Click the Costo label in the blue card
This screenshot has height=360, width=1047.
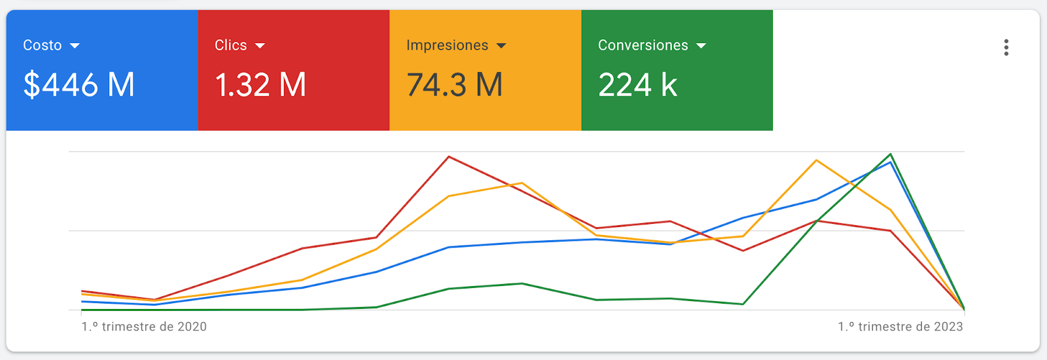(x=43, y=45)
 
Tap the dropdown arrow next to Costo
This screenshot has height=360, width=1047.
(x=75, y=46)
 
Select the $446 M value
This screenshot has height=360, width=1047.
(x=79, y=84)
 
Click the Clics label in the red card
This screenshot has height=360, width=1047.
(x=231, y=45)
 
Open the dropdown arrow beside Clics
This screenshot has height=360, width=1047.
(x=260, y=46)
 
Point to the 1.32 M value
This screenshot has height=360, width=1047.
(x=260, y=84)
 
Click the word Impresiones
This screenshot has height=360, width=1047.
(x=448, y=45)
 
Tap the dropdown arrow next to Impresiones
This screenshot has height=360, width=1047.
(x=501, y=46)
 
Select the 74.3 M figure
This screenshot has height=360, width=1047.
(x=455, y=84)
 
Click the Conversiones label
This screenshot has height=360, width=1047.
(x=643, y=45)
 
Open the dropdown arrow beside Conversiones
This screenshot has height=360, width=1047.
(x=701, y=46)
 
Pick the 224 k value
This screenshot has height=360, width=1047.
(x=637, y=84)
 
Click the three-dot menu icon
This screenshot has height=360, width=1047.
(x=1006, y=48)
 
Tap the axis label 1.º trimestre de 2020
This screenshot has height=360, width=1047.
(x=144, y=327)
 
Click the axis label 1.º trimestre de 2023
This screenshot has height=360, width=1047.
(x=900, y=327)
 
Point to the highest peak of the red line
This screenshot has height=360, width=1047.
(x=449, y=156)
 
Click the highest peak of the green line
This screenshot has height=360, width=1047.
(x=891, y=154)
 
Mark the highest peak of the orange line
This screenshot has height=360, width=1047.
(x=817, y=160)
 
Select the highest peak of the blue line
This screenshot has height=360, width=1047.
(x=891, y=162)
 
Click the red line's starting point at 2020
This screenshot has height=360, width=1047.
(x=82, y=291)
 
